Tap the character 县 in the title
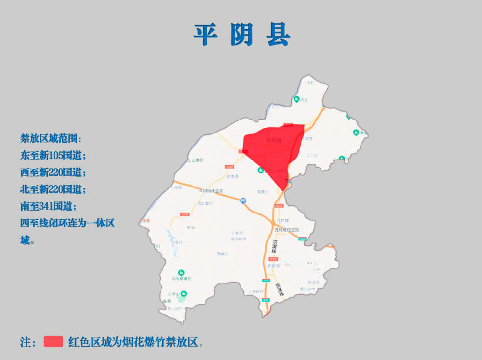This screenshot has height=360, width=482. [x=278, y=34]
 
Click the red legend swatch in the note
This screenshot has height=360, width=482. [x=54, y=342]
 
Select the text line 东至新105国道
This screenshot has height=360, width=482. [x=53, y=156]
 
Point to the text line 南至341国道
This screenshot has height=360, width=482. [x=48, y=206]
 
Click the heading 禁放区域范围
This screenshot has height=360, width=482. [x=51, y=139]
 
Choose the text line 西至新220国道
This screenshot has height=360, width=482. [x=53, y=173]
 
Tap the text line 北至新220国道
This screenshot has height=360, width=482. [x=53, y=189]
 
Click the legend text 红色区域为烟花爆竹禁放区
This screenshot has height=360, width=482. [x=135, y=342]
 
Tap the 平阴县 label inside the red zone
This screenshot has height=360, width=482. [x=273, y=141]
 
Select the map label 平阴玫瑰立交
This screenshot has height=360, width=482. [x=211, y=191]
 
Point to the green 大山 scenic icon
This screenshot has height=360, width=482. [x=296, y=99]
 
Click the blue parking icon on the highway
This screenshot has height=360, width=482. [x=243, y=200]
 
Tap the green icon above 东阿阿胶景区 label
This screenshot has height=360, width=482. [x=181, y=272]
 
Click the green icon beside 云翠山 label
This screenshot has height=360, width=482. [x=183, y=293]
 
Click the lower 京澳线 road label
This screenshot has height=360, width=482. [x=278, y=289]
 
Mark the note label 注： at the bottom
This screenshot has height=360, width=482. [x=28, y=342]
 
